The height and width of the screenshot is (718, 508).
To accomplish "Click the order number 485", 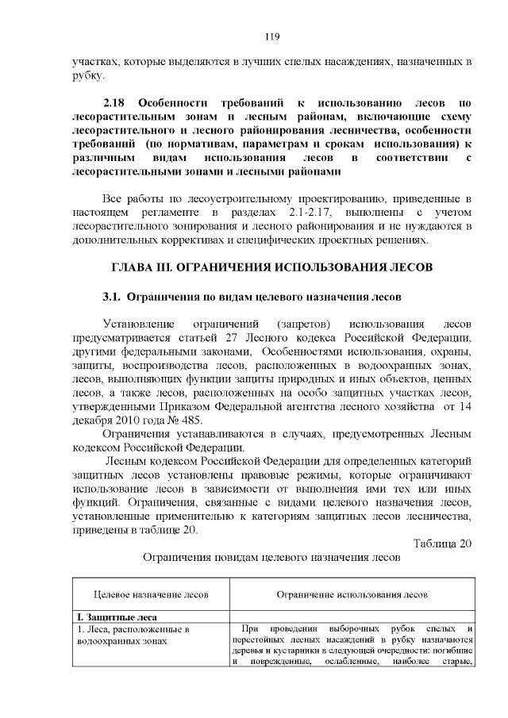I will [193, 420].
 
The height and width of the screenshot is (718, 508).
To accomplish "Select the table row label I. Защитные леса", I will [117, 616].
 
